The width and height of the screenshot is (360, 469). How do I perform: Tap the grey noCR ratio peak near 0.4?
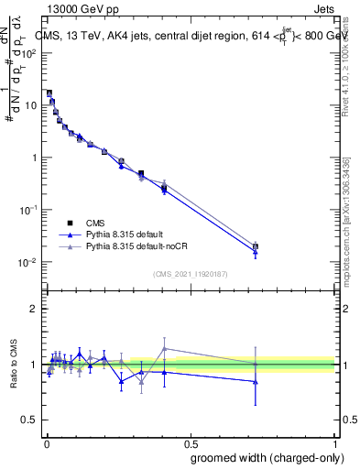(164, 348)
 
